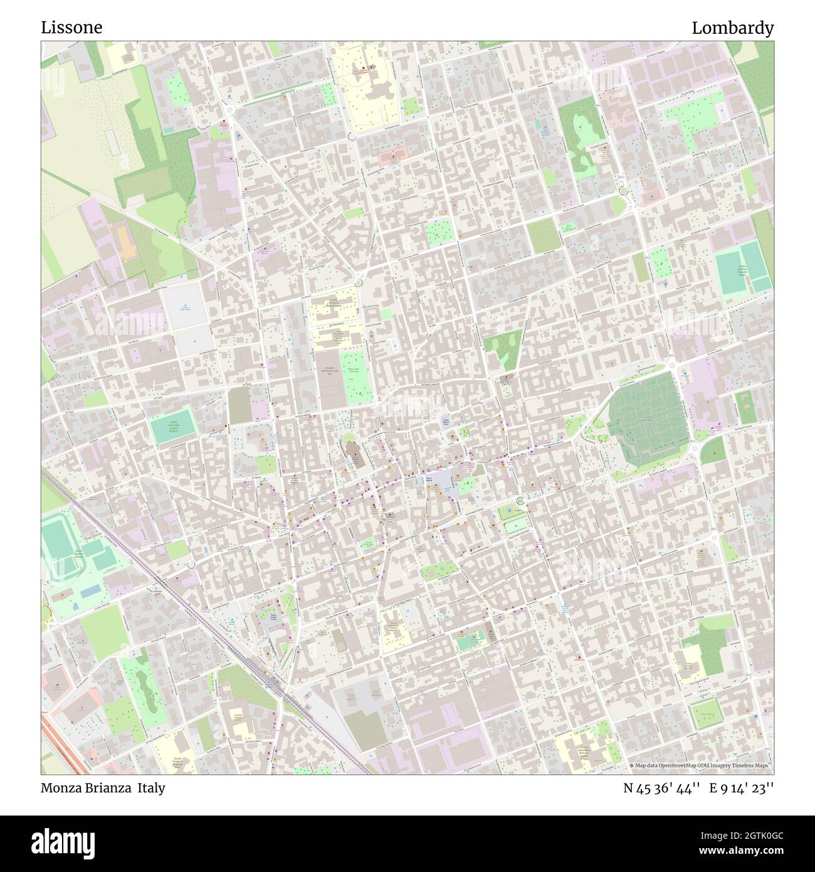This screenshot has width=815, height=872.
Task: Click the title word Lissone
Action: pyautogui.click(x=72, y=28)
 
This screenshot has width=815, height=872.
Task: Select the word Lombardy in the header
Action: pyautogui.click(x=732, y=28)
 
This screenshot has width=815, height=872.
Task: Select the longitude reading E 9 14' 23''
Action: pyautogui.click(x=742, y=788)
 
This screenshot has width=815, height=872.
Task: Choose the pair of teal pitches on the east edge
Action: pyautogui.click(x=743, y=269)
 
